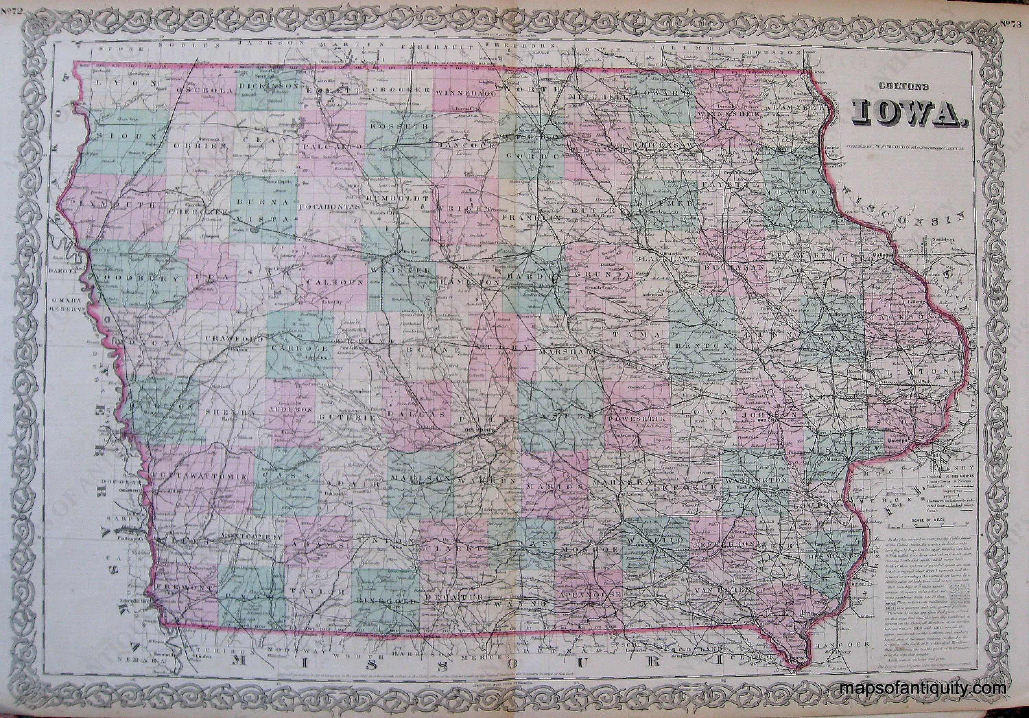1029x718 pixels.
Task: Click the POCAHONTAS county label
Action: click(330, 206)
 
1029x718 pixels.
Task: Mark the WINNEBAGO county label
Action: click(466, 94)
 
